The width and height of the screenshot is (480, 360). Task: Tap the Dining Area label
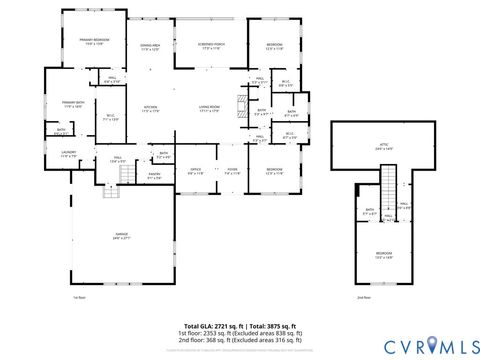(x=150, y=47)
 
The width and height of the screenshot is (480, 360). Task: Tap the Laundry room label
(x=68, y=154)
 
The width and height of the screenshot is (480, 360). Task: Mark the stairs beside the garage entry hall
(x=127, y=175)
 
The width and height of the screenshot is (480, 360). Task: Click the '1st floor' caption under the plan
(x=79, y=297)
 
